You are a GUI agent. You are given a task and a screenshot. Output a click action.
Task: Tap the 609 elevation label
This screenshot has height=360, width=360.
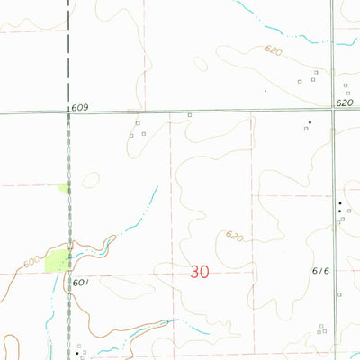click(80, 108)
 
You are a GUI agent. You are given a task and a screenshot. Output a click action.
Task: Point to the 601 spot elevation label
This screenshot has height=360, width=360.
click(81, 283)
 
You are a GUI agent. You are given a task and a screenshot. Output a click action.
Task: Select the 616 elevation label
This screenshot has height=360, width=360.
click(321, 271)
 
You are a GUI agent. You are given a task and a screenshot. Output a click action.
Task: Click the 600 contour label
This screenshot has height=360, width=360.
click(31, 260)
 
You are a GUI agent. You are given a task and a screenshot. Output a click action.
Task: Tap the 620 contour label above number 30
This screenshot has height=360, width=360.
click(234, 236)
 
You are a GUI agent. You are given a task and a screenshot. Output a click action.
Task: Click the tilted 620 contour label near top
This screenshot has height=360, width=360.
click(272, 51)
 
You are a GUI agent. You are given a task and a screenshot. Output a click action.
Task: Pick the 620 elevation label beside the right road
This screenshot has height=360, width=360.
click(346, 104)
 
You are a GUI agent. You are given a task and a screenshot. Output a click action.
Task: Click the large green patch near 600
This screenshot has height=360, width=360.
click(56, 261)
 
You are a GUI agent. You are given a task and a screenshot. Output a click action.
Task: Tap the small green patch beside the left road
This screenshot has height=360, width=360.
click(62, 188)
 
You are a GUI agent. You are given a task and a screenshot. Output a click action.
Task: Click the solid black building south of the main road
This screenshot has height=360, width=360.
click(310, 121)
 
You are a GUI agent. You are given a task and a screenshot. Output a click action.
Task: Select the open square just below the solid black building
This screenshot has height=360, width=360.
click(306, 129)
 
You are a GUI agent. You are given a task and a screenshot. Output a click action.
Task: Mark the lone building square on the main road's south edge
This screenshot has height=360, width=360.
click(189, 115)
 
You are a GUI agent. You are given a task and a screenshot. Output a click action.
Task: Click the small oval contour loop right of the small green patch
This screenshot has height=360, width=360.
click(89, 181)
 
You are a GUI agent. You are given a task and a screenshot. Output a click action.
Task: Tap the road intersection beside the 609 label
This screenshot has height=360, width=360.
click(68, 113)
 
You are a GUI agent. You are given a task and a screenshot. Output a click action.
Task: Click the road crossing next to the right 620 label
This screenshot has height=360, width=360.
click(332, 111)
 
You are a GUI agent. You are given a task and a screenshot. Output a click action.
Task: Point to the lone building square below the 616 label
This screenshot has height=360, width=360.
click(338, 294)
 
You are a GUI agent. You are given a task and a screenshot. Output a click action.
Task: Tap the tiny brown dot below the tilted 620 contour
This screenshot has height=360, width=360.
click(265, 91)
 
